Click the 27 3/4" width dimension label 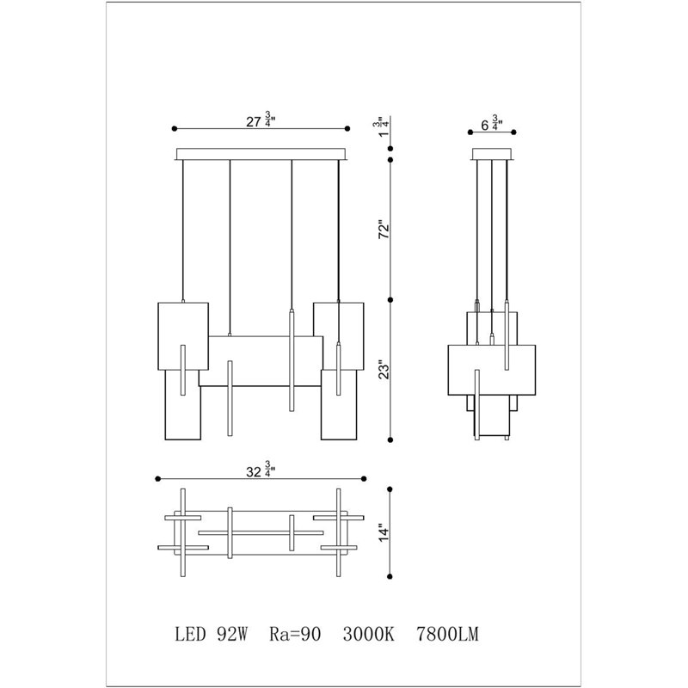(x=261, y=120)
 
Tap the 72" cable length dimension (x=384, y=229)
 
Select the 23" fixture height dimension (x=384, y=370)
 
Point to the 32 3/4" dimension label (x=261, y=470)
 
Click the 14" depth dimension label (x=384, y=532)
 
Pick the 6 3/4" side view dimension (x=492, y=123)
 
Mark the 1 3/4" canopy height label (x=381, y=126)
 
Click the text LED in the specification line (x=190, y=635)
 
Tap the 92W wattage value (x=232, y=635)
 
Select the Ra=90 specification (x=295, y=635)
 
